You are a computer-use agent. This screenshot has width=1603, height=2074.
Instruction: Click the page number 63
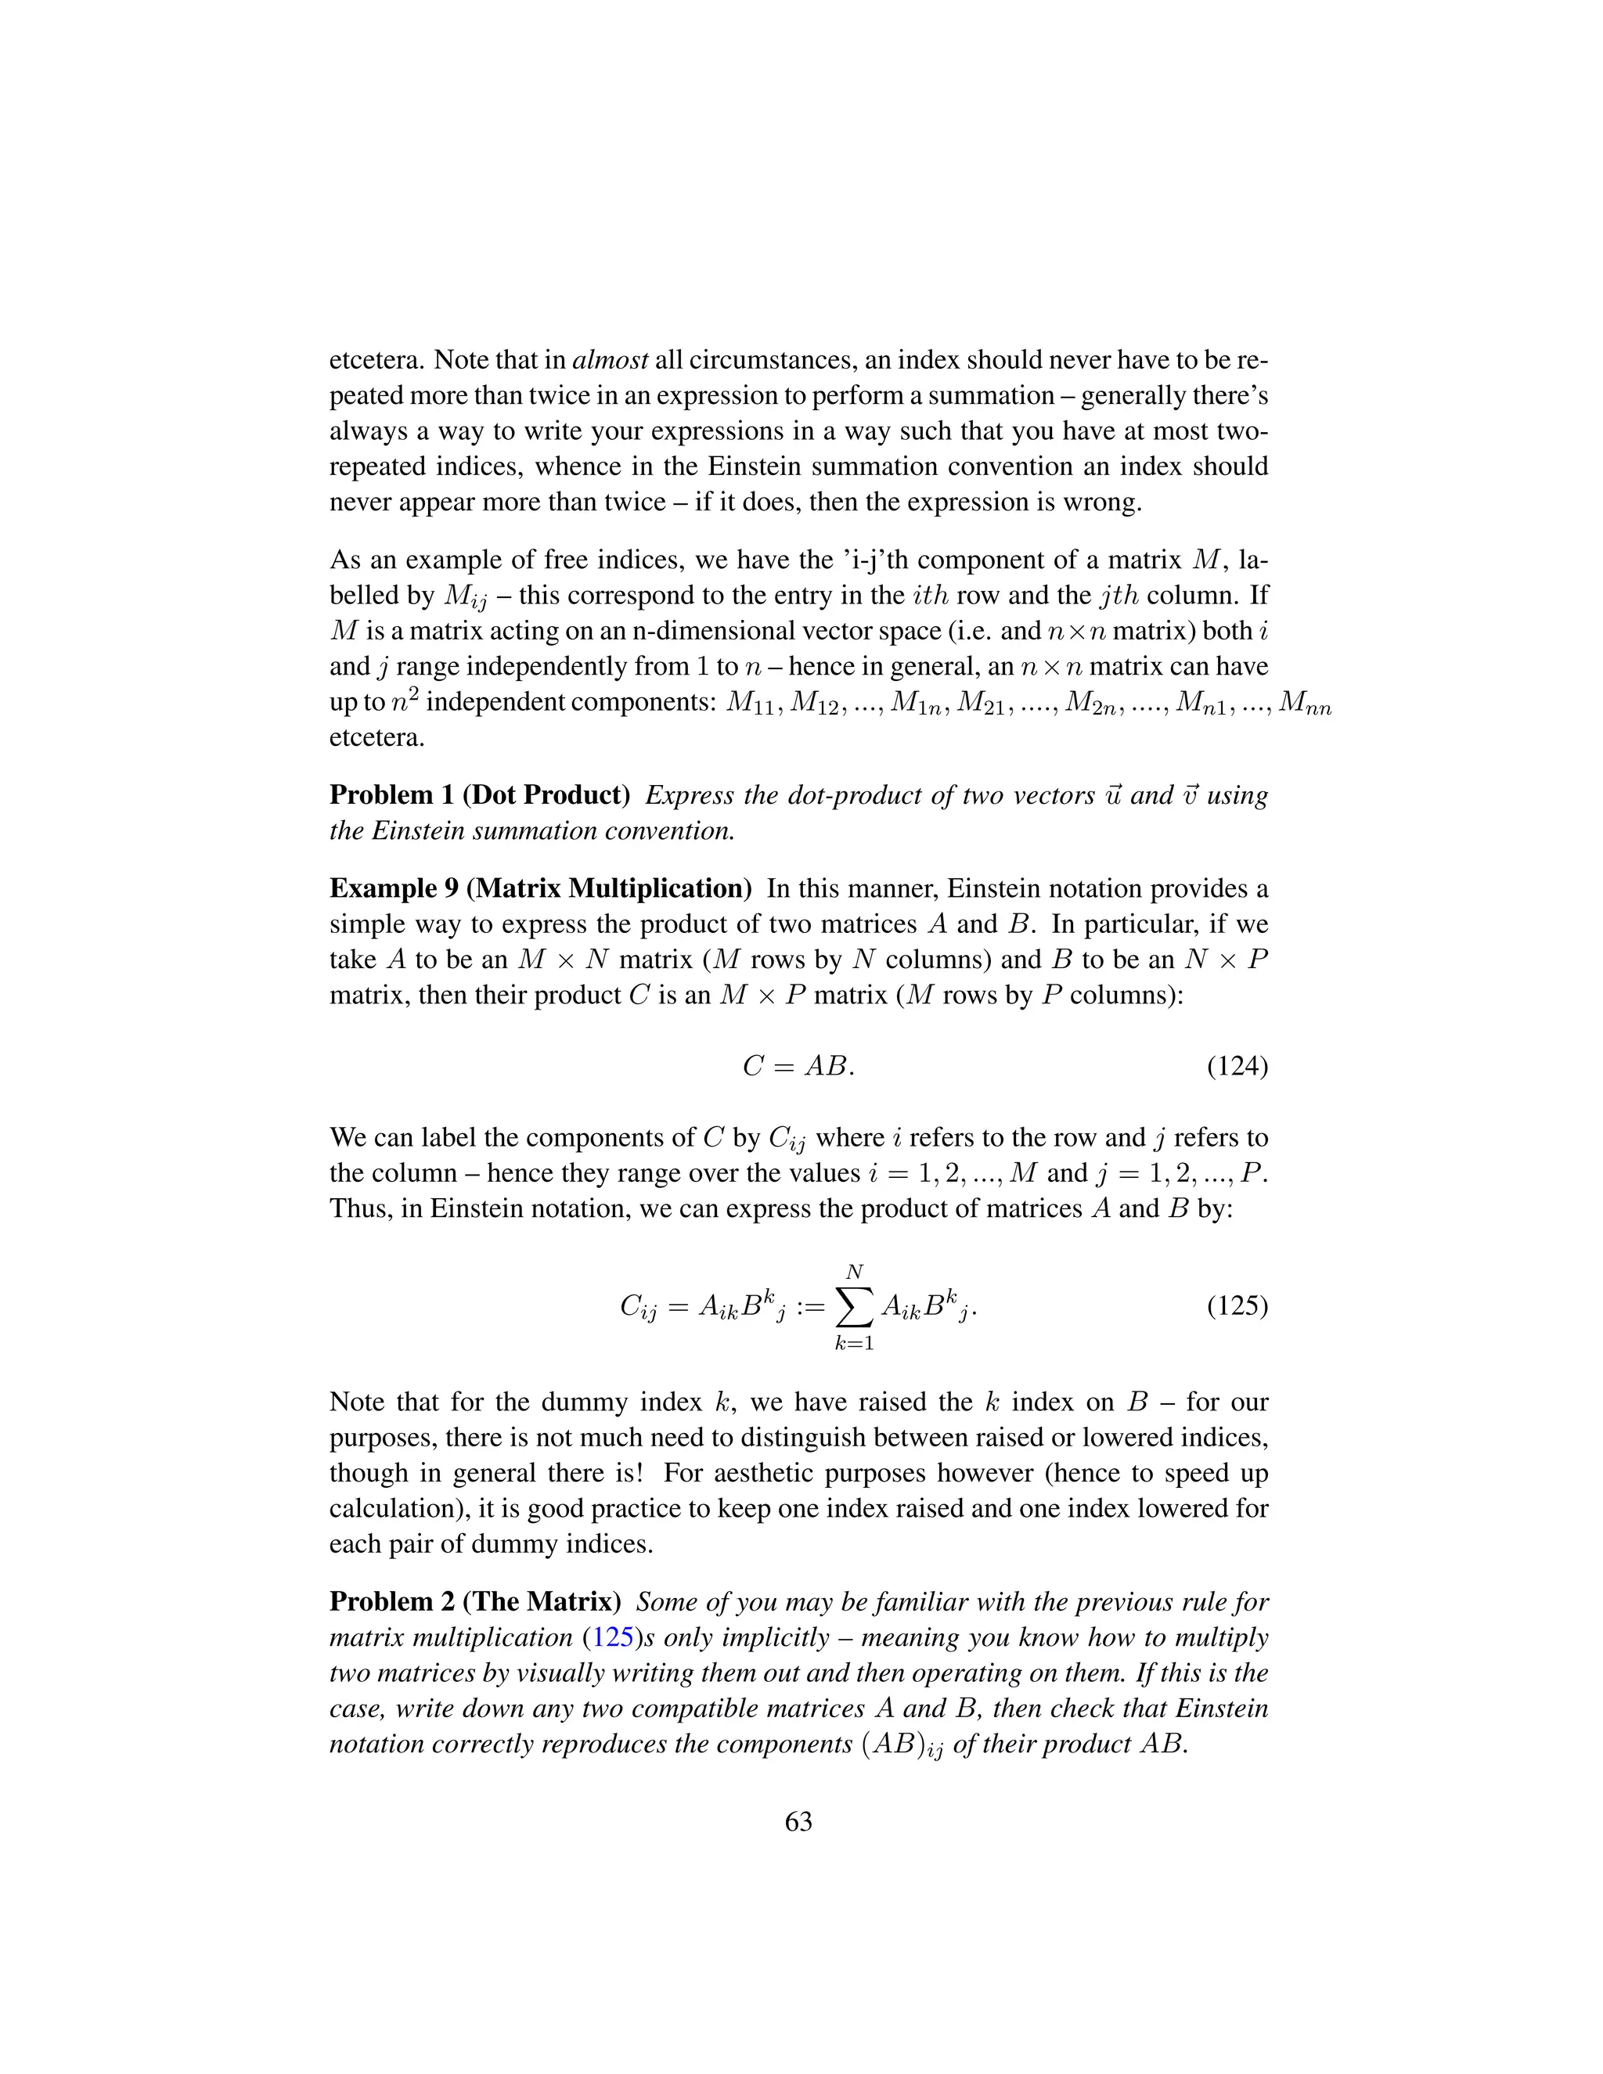click(x=798, y=1821)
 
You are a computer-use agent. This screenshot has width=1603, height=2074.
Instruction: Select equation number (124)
click(x=1237, y=1067)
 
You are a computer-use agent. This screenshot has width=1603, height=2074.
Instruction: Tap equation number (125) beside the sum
click(x=1237, y=1305)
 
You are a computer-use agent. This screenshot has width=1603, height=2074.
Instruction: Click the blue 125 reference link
click(x=613, y=1637)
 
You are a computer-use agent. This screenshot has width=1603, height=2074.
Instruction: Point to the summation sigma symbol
click(x=854, y=1308)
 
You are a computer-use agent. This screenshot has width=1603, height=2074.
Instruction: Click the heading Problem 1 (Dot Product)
click(x=480, y=795)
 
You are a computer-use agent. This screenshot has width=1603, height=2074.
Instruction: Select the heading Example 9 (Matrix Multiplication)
click(x=540, y=888)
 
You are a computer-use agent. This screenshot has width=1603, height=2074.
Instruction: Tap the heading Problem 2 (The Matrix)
click(x=475, y=1602)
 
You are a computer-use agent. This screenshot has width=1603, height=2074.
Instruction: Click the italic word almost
click(x=611, y=360)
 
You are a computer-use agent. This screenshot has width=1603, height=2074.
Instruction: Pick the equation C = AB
click(x=798, y=1067)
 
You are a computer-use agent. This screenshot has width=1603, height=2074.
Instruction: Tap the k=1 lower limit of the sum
click(x=854, y=1343)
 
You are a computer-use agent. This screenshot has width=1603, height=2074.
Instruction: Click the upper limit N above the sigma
click(x=854, y=1272)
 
